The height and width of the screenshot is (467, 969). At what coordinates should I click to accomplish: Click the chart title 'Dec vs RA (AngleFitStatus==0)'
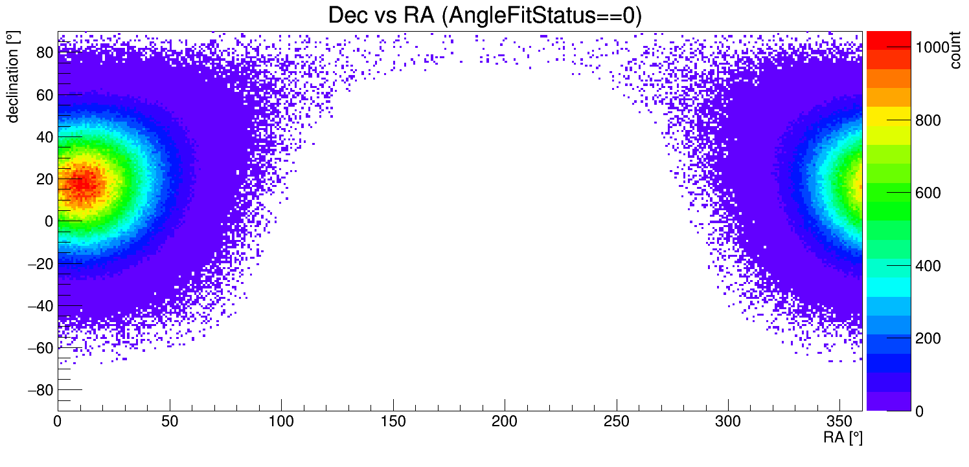484,16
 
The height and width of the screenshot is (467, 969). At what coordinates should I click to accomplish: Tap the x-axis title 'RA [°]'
843,438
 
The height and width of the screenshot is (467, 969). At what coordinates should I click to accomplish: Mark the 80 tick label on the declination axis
44,53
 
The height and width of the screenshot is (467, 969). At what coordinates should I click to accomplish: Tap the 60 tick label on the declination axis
44,95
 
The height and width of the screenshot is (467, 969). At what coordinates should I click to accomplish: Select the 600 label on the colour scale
928,193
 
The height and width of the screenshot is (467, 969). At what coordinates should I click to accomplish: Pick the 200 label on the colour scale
928,339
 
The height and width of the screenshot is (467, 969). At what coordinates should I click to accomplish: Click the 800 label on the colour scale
928,121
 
